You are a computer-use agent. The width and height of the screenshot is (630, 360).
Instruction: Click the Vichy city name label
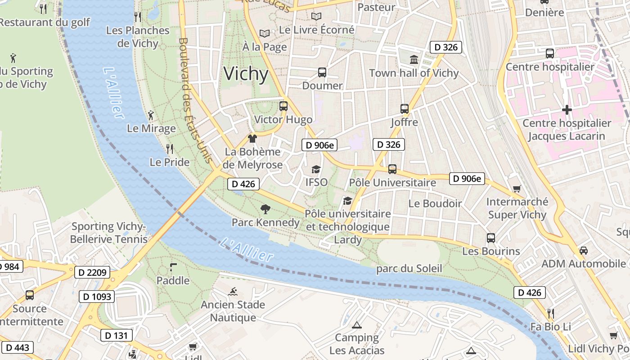pos(246,74)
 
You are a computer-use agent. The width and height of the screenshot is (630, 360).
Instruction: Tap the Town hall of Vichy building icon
pos(414,59)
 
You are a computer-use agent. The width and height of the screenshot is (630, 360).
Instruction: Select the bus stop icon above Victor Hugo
pos(283,106)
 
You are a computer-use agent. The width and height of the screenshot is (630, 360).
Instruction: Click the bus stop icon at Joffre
pos(404,108)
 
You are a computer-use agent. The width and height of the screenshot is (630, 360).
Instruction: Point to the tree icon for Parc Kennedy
pos(265,209)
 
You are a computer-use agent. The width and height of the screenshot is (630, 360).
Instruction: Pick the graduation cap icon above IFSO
pos(316,169)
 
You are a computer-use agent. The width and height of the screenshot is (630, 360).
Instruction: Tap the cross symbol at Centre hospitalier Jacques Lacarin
pos(567,109)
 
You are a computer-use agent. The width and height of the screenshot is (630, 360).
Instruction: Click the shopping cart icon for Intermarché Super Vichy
pos(517,189)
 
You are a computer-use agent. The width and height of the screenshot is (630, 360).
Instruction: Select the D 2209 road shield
pos(92,272)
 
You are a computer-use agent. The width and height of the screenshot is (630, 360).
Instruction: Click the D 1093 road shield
pos(97,297)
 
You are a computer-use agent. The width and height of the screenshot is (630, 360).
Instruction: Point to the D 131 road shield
pos(116,335)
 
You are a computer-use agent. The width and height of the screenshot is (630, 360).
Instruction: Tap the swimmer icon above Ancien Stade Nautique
pos(233,291)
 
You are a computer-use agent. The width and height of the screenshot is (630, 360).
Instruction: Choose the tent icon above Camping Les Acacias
pos(357,324)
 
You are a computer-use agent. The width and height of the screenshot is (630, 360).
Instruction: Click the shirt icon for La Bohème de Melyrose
pos(252,138)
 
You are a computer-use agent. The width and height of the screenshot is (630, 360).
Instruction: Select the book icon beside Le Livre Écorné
pos(316,16)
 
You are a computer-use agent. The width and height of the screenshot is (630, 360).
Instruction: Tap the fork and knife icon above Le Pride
pos(169,148)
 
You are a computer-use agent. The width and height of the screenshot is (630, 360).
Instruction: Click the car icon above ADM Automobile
pos(584,250)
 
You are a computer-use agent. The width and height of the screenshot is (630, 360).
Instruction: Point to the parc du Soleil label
pos(409,269)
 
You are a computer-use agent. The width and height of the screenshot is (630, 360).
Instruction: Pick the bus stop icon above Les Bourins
pos(491,238)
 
